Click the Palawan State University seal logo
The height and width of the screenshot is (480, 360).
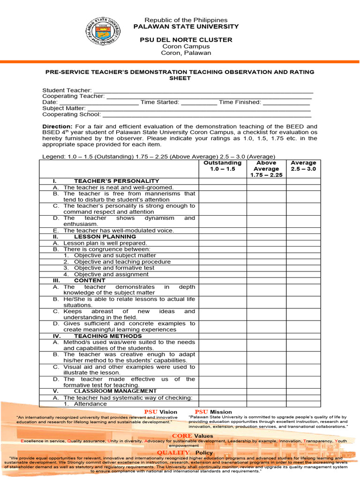click(103, 31)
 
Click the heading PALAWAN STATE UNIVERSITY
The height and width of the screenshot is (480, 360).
click(186, 27)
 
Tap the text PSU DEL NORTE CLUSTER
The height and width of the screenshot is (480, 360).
click(186, 40)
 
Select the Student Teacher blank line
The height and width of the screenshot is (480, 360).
click(203, 90)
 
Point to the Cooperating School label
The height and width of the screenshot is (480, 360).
click(71, 114)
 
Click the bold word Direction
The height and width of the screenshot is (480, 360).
click(57, 127)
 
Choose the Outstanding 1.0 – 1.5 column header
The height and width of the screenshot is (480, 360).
click(223, 166)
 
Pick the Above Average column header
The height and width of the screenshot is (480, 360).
click(266, 169)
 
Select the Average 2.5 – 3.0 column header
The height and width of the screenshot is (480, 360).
click(303, 166)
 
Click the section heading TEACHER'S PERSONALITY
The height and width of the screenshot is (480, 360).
click(116, 181)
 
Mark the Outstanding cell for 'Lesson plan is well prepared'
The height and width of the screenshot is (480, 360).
click(223, 243)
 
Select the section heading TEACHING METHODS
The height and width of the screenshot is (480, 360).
click(108, 336)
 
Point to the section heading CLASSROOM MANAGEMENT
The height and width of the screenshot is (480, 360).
click(115, 391)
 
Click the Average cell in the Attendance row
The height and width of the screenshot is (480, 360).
click(303, 404)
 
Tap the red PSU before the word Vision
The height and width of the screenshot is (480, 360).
click(151, 412)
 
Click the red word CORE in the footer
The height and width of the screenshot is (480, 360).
click(182, 436)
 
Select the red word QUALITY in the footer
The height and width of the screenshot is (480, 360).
click(173, 453)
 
